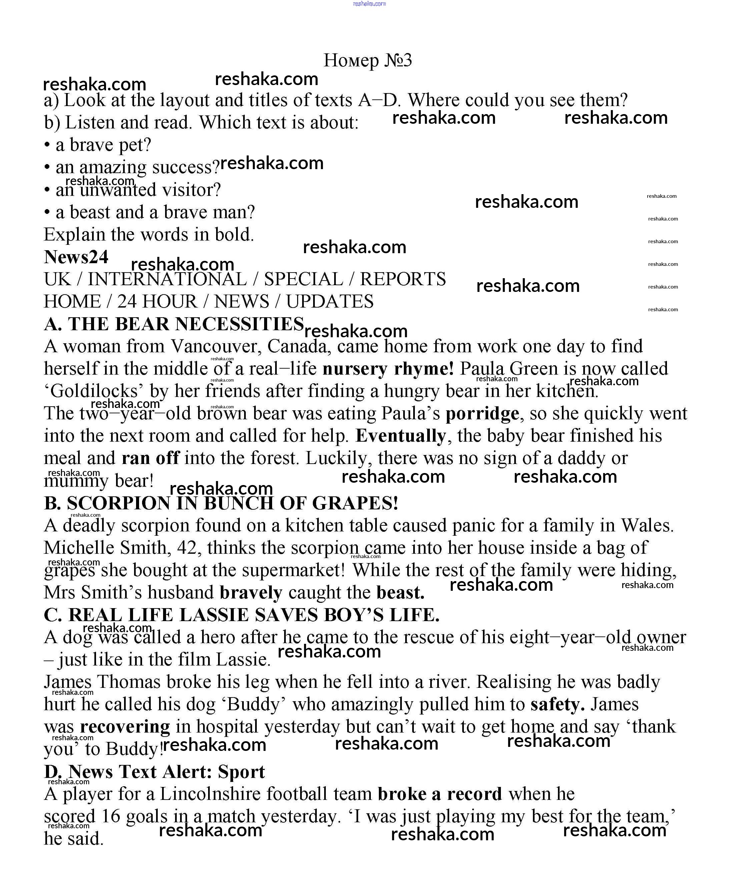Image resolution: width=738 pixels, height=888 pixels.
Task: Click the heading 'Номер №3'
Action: pos(367,60)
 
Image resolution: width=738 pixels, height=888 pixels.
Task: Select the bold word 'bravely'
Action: pos(251,593)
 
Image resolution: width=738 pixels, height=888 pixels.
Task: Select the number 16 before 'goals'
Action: pos(111,817)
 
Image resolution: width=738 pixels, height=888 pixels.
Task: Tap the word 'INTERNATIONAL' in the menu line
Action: pos(167,280)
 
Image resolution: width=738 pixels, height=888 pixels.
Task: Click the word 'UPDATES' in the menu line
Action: pos(330,302)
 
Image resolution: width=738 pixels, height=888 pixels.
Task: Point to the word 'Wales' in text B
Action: pos(646,526)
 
